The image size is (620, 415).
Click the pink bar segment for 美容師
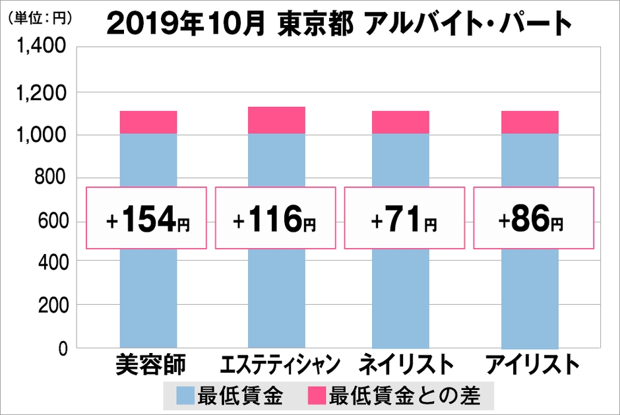pos(148,122)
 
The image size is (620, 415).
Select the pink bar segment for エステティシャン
pos(276,119)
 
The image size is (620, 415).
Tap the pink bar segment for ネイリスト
pos(400,122)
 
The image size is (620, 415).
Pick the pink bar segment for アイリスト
pos(530,122)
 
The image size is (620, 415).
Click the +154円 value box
pos(147,218)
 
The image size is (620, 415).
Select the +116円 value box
pos(276,218)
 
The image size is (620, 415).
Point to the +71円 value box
pos(404,218)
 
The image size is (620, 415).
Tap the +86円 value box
pos(533,218)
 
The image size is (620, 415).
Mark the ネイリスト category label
pos(406,365)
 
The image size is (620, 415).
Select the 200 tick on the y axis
pos(52,305)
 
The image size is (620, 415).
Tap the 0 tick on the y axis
pos(63,348)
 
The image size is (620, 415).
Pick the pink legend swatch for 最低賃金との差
pos(315,397)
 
